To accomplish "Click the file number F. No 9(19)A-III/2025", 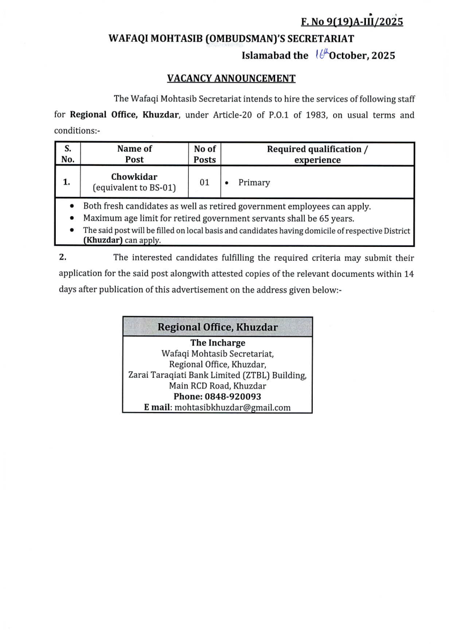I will point(352,22).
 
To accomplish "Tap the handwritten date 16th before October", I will point(318,55).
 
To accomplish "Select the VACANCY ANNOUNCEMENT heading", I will point(231,78).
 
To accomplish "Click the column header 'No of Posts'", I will point(204,154).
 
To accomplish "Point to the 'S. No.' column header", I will point(68,154).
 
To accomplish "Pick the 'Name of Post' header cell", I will point(134,154).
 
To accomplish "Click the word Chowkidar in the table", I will point(134,177).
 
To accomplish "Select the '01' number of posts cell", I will point(204,182).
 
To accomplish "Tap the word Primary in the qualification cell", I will point(254,182).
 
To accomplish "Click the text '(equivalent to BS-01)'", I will point(134,188).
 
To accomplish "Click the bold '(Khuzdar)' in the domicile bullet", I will point(103,240).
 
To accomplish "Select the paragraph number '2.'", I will point(63,258).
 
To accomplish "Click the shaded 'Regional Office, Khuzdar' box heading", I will point(217,327).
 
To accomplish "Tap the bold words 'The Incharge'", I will point(217,343).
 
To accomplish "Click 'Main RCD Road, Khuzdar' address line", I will point(217,386).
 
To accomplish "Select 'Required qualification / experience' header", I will point(318,154).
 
